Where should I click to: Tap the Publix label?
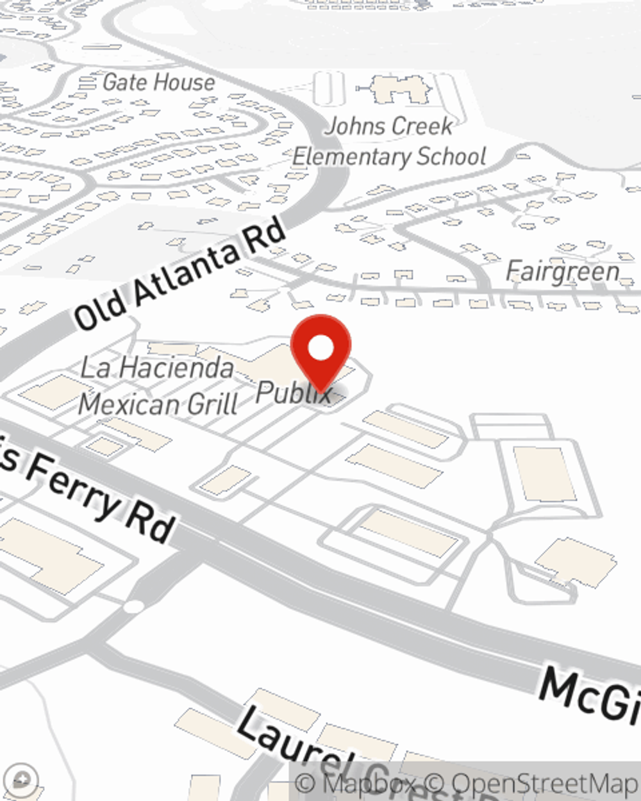click(294, 392)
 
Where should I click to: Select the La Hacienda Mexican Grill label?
click(158, 386)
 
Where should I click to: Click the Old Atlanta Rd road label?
click(180, 275)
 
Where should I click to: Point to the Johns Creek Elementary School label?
click(389, 142)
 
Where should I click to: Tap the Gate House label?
click(158, 82)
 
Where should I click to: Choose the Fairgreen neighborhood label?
click(562, 272)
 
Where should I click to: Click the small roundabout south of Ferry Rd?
click(133, 606)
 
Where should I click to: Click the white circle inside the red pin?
click(320, 348)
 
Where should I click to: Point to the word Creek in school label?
click(419, 126)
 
